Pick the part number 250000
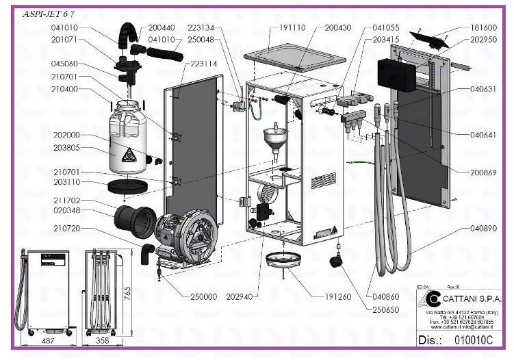click(x=203, y=296)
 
